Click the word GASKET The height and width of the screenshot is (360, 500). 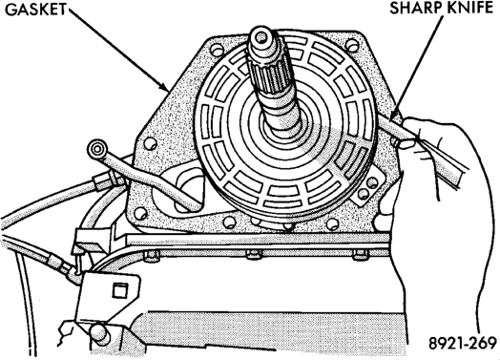tap(35, 10)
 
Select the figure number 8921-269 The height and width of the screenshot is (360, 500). tap(463, 343)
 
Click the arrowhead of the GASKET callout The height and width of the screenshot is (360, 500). tap(164, 86)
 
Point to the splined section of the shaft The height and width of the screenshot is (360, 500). tap(267, 76)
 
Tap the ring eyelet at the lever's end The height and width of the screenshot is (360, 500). tap(96, 148)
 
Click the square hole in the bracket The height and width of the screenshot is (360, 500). tap(120, 290)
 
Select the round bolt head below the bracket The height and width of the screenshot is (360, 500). tap(99, 333)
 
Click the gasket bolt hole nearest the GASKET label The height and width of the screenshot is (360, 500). tap(218, 50)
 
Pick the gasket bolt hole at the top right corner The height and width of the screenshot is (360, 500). tap(351, 45)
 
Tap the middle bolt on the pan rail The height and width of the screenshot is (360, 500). tap(254, 254)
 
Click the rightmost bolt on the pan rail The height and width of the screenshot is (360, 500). tap(361, 254)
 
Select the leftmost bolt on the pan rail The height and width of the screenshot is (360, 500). tap(151, 255)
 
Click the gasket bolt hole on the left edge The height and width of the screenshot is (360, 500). tap(149, 143)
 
